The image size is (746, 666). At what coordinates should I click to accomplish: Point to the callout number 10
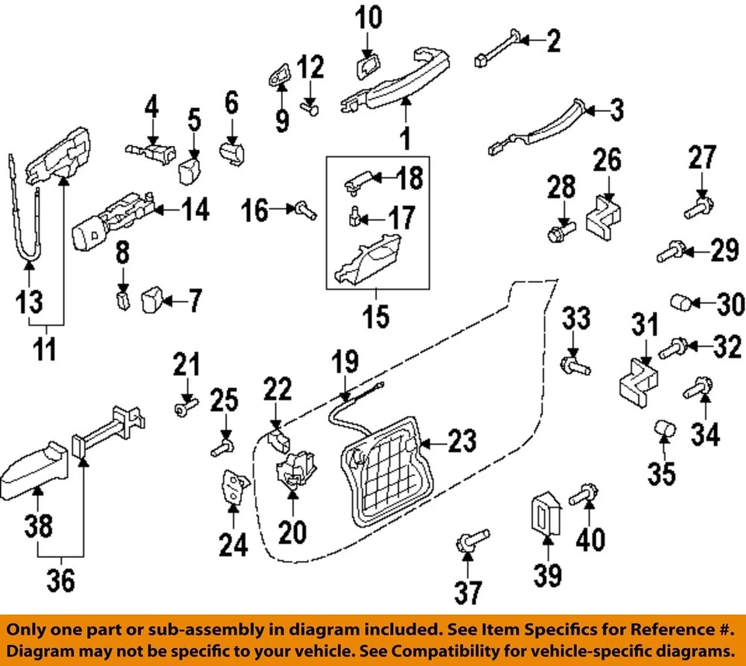370,17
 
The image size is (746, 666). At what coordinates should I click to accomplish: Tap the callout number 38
39,527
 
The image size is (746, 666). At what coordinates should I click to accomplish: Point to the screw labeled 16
304,210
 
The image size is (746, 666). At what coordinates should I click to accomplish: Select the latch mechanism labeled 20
295,470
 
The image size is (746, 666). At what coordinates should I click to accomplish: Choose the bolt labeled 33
575,363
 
